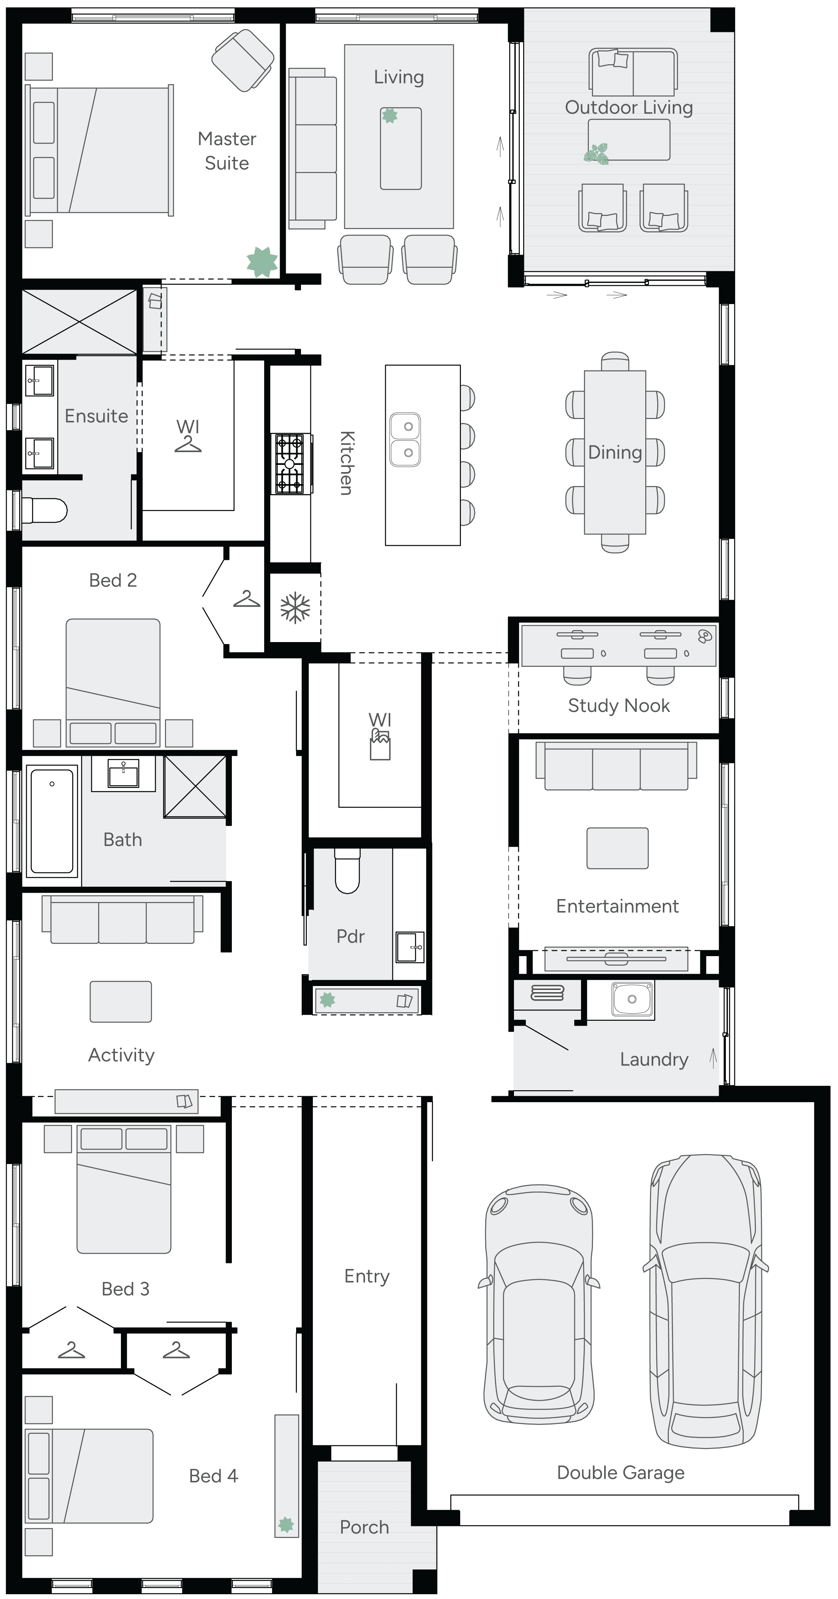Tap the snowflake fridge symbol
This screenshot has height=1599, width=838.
pos(295,608)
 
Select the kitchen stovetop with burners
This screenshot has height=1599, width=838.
pos(290,464)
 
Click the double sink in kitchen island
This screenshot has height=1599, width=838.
pos(405,439)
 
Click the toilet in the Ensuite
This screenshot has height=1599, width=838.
pos(44,511)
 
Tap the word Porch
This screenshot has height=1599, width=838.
pos(364,1527)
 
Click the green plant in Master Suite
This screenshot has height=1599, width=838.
pos(262,261)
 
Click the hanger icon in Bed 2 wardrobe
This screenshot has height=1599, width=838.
pos(247,600)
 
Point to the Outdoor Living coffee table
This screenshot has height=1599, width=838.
pos(629,140)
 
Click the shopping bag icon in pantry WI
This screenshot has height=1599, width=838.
pos(380,744)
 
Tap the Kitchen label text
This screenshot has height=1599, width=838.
pos(346,463)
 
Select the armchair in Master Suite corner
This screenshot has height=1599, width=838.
pos(243,60)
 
